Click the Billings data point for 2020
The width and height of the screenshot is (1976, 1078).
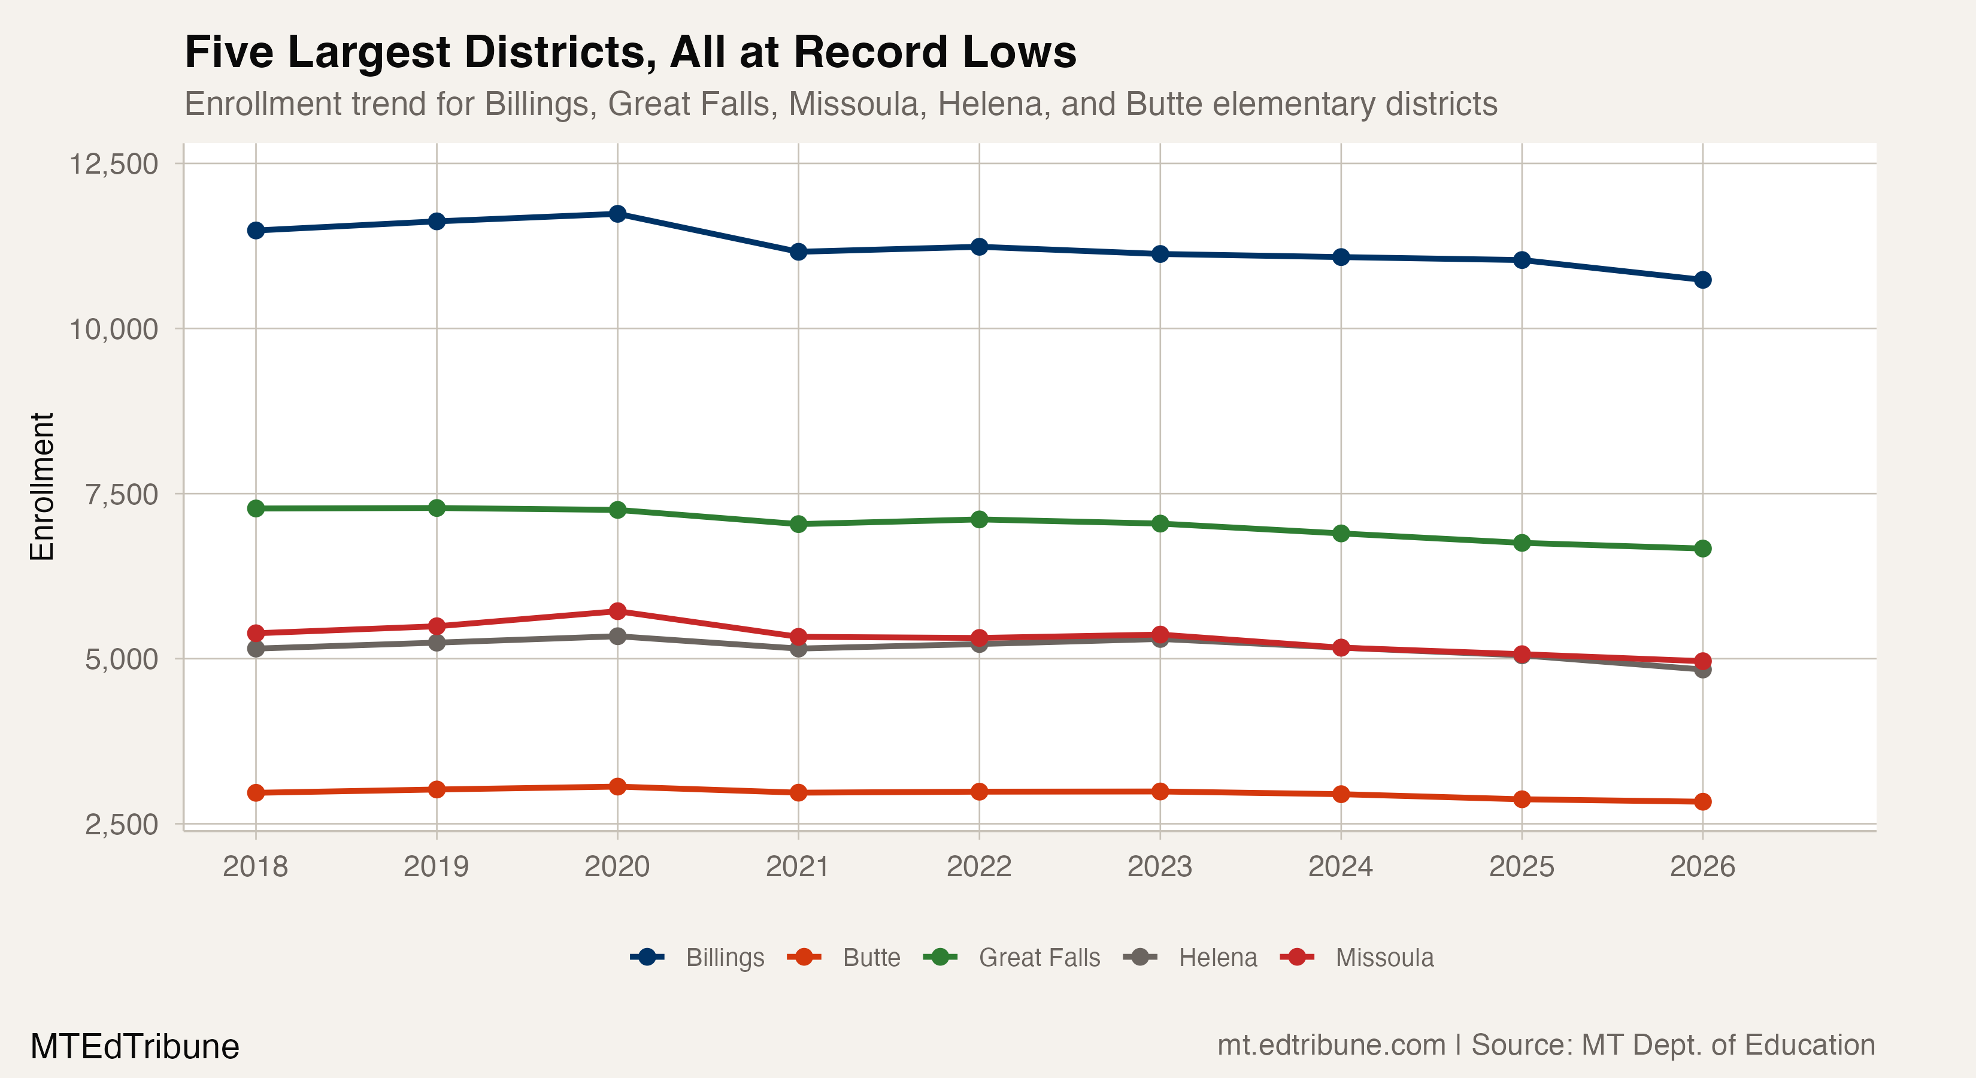[617, 213]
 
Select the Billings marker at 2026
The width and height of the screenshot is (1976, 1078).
[1702, 280]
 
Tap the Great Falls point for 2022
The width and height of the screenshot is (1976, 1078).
[979, 519]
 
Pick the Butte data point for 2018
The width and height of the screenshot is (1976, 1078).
[256, 792]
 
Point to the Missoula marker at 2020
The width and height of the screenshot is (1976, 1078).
[617, 611]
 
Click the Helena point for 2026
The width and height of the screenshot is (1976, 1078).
[1702, 670]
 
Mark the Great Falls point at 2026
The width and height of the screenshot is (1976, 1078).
[1702, 549]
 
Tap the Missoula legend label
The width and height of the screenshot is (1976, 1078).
[1384, 958]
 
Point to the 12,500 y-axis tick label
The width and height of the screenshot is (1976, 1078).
[114, 163]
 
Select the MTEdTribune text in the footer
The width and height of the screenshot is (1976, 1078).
[135, 1046]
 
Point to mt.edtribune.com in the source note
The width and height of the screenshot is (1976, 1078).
[1331, 1045]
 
